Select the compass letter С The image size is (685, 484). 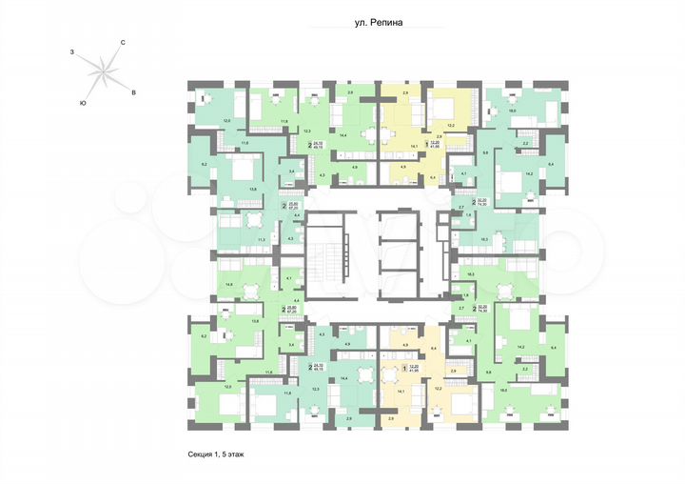point(123,43)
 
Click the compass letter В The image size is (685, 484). point(133,91)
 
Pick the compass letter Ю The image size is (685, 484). point(84,102)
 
